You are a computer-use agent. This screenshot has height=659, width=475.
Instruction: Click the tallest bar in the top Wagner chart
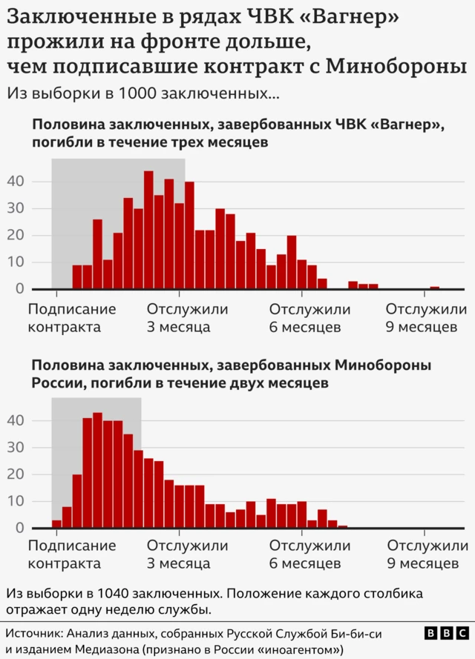[148, 230]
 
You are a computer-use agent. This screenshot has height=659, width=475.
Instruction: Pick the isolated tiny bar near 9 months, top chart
[434, 288]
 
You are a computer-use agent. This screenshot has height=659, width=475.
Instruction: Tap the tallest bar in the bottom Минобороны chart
[97, 470]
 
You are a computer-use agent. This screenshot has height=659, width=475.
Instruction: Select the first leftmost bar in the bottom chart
[56, 524]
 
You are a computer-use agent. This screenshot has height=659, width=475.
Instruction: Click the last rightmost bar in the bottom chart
[342, 526]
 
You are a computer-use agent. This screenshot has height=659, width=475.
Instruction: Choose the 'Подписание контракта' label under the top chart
[72, 318]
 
